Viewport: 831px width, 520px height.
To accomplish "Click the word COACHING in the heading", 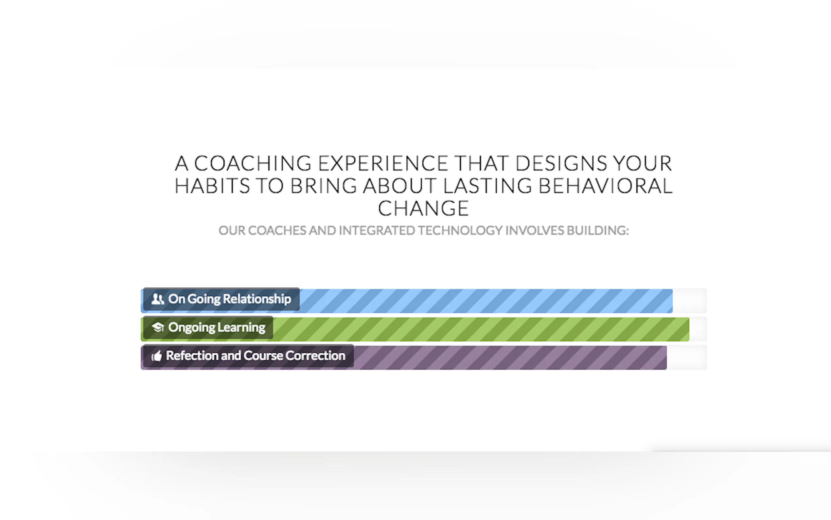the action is [x=253, y=163].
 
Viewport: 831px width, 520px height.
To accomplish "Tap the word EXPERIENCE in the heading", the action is [x=383, y=163].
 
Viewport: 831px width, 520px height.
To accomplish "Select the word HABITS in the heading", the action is [x=212, y=186].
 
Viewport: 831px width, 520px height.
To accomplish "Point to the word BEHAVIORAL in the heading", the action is [x=605, y=186].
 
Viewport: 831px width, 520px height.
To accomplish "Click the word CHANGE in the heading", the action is [x=423, y=208].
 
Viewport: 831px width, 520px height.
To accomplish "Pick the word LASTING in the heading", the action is [x=487, y=186].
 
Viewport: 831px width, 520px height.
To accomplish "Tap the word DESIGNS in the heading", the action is [x=561, y=163].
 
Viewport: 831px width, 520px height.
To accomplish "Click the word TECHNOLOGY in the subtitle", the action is [x=460, y=231].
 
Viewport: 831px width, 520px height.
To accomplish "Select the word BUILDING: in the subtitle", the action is [x=598, y=231].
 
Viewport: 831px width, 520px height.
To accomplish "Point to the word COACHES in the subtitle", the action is [x=277, y=231].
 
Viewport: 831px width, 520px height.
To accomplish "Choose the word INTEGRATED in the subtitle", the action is [x=377, y=231].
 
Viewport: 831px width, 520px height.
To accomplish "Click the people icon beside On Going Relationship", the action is [x=158, y=299].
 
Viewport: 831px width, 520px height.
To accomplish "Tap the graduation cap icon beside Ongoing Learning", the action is [x=158, y=327].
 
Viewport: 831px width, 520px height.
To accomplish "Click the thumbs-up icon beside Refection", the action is [x=157, y=356].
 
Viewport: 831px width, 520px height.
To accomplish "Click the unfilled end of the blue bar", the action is [x=689, y=301].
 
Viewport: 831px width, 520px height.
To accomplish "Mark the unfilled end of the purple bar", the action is [x=687, y=358].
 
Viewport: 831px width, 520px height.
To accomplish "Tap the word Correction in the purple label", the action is [x=315, y=356].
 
